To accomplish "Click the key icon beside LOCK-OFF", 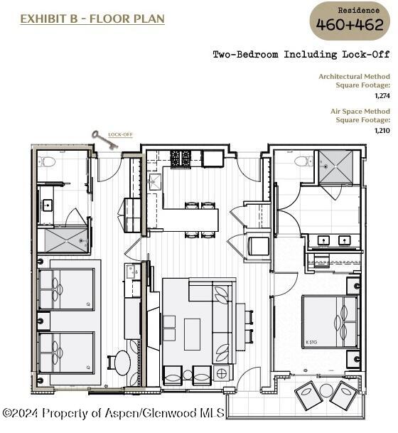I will tap(104, 140).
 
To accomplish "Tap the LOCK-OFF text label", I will tap(120, 134).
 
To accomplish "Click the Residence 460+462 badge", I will tap(350, 21).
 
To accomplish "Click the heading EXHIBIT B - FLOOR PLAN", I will tap(92, 19).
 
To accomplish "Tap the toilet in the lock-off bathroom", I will tap(47, 162).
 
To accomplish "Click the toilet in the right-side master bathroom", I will tap(303, 161).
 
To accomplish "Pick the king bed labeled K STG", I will tap(330, 321).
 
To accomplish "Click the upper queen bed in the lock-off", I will tap(66, 289).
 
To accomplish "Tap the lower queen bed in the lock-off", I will tap(66, 353).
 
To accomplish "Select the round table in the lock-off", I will tap(123, 363).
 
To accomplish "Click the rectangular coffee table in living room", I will tap(192, 334).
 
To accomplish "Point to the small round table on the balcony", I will tap(326, 390).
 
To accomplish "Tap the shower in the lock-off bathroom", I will tap(65, 240).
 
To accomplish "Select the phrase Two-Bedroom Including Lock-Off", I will tap(301, 55).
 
